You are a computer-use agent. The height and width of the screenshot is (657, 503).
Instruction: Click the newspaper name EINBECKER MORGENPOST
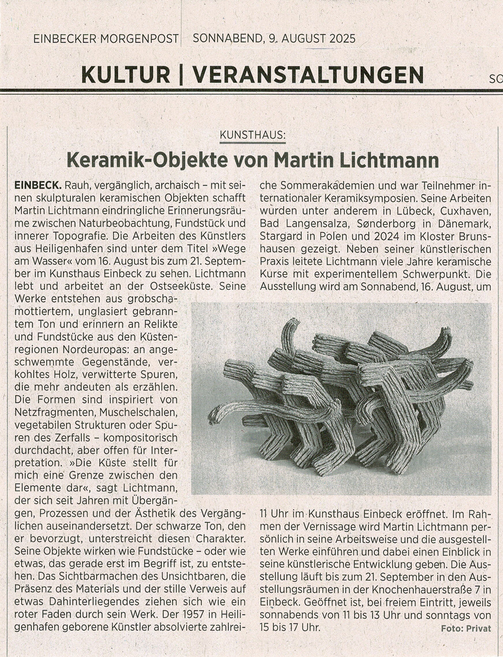point(106,38)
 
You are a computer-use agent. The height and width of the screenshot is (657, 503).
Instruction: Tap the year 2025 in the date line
point(339,38)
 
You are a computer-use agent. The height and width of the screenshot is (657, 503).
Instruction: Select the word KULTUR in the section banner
point(125,75)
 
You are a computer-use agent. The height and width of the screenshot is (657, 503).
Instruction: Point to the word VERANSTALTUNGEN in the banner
point(308,75)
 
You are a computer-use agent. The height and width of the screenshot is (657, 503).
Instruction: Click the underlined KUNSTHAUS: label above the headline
point(252,134)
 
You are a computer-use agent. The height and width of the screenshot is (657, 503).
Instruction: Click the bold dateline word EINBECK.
point(38,186)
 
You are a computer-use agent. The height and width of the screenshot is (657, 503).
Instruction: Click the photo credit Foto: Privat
point(466,628)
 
